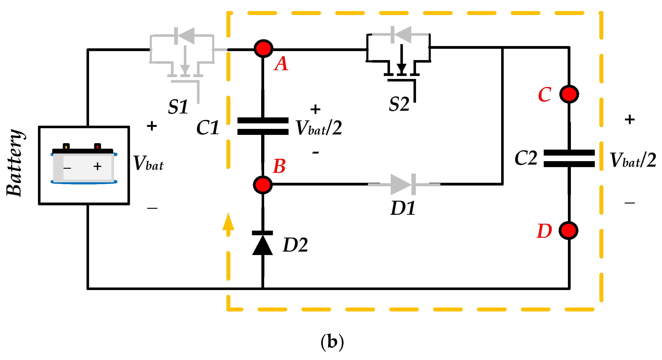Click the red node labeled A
tap(263, 49)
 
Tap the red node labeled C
tap(569, 94)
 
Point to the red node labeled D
tap(568, 231)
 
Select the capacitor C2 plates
tap(569, 158)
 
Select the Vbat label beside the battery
tap(148, 163)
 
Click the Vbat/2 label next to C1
tap(319, 128)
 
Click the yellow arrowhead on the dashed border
tap(228, 222)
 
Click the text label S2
tap(399, 104)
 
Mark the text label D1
tap(402, 208)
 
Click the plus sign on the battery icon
tap(97, 166)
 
